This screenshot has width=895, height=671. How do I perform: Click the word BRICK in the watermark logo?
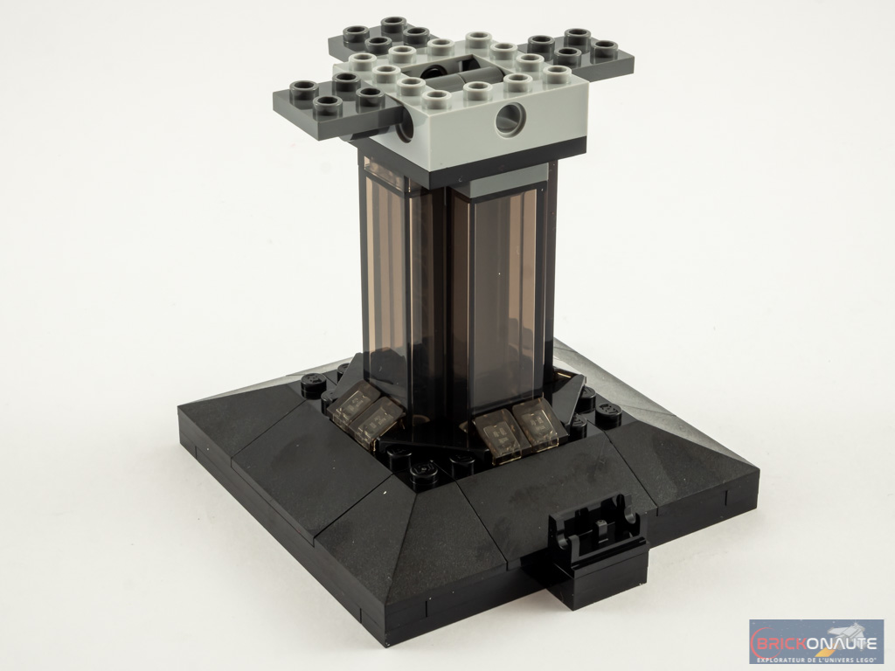point(780,643)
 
